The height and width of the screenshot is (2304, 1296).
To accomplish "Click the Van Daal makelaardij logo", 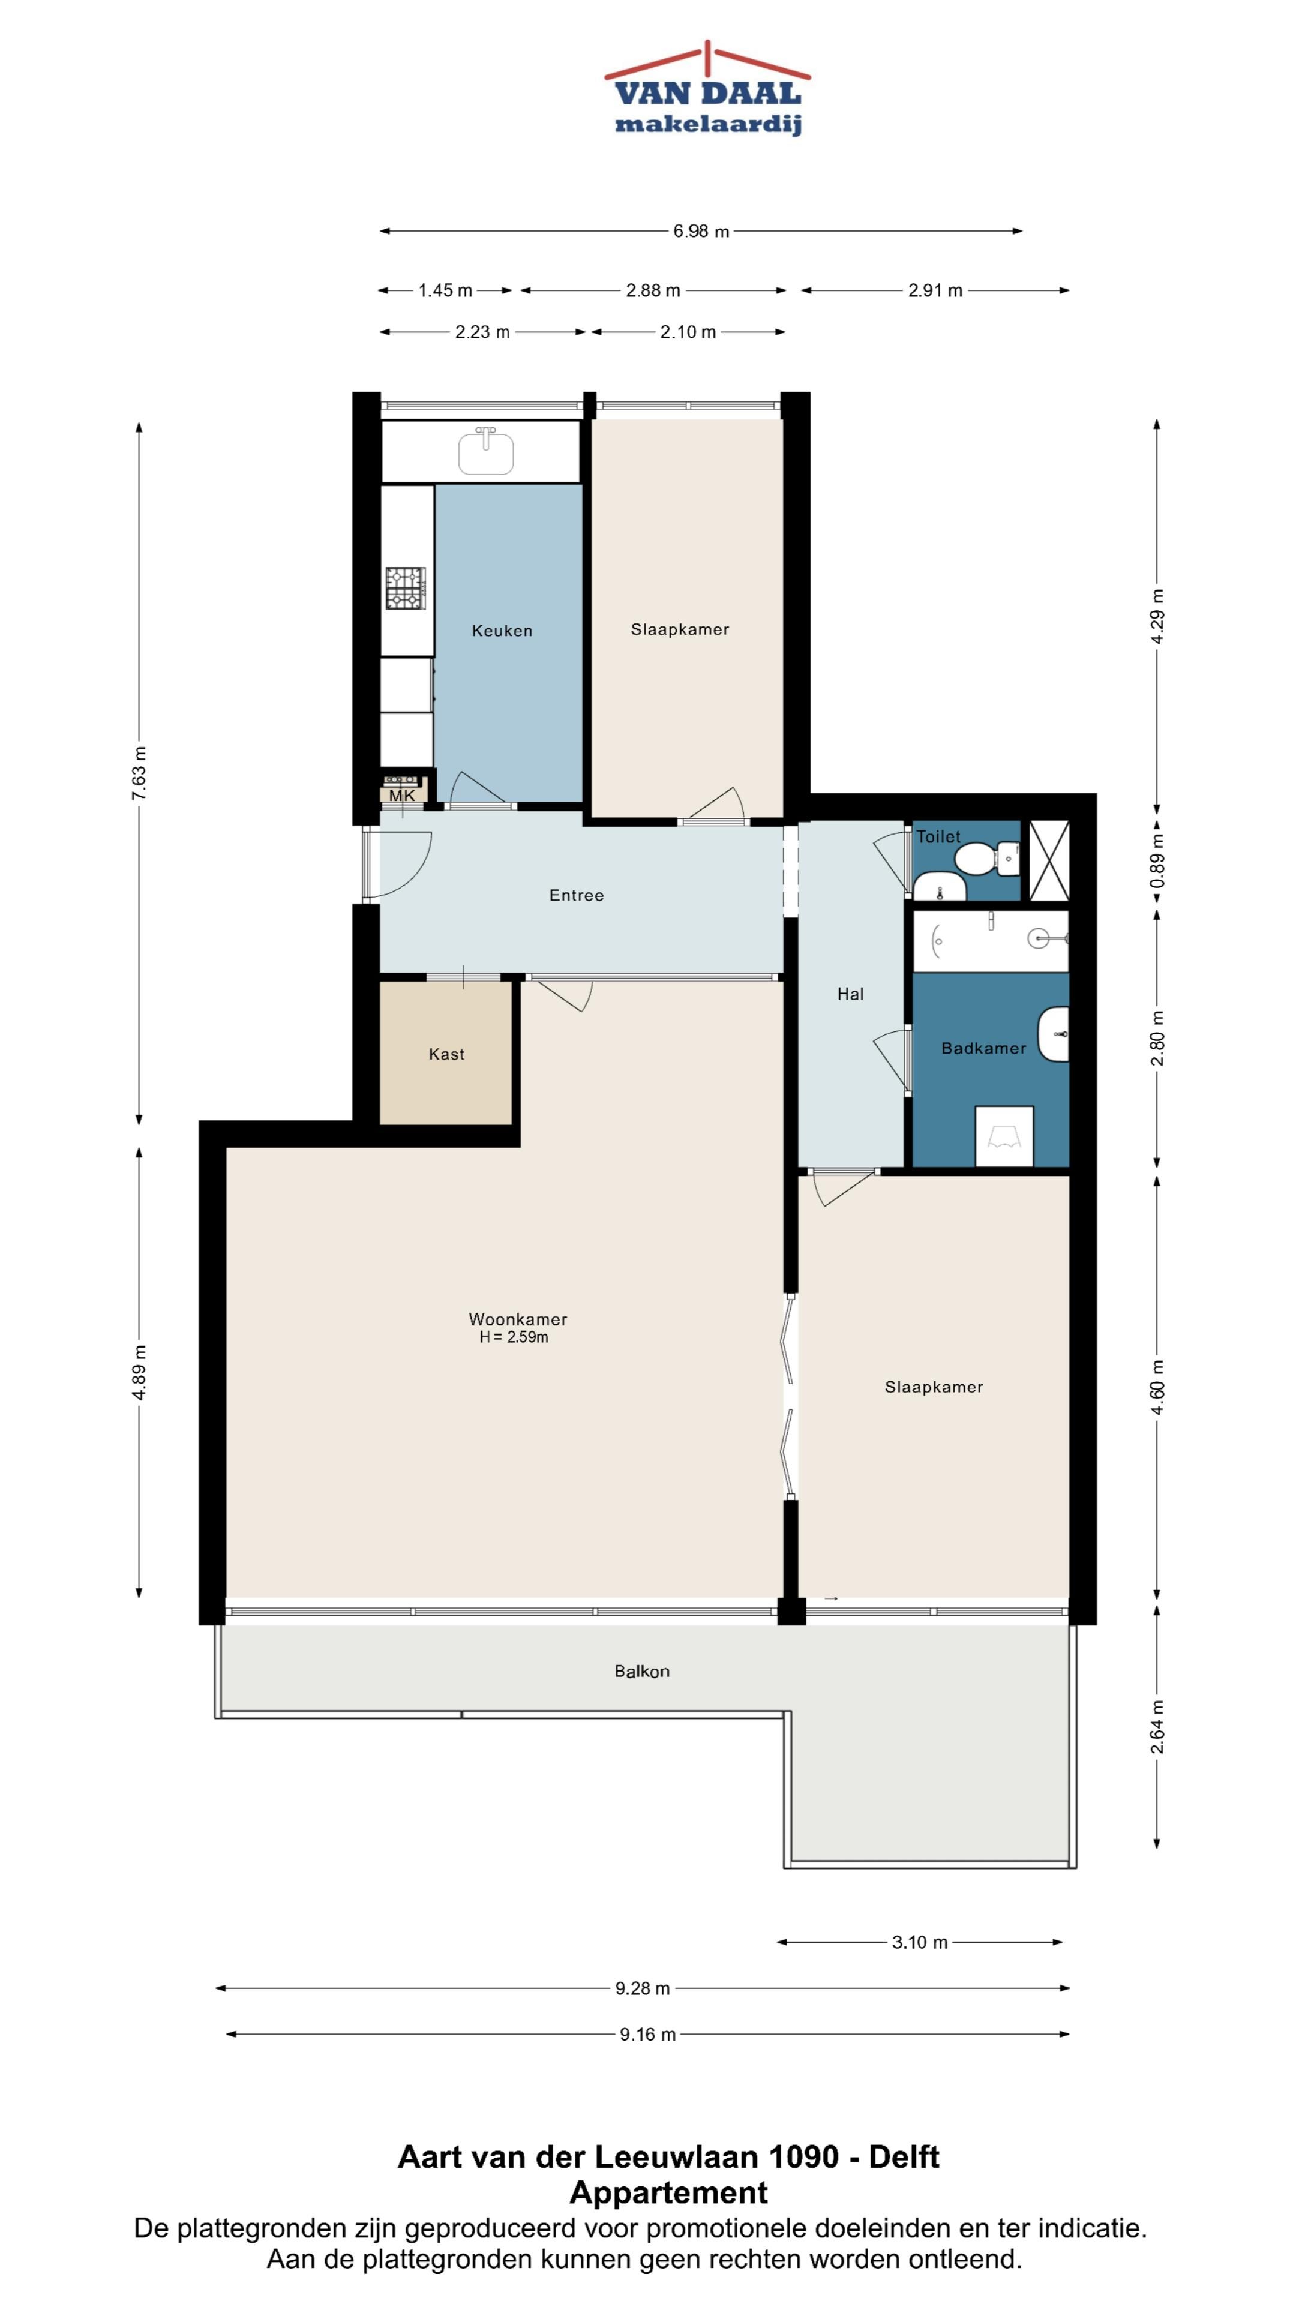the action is pyautogui.click(x=707, y=89).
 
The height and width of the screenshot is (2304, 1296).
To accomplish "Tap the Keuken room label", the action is pyautogui.click(x=502, y=631).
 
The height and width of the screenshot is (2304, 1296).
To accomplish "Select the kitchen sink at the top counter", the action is pyautogui.click(x=485, y=451).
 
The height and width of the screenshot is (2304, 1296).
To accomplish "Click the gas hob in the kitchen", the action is pyautogui.click(x=405, y=589).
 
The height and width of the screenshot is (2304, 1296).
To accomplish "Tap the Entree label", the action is pyautogui.click(x=576, y=895).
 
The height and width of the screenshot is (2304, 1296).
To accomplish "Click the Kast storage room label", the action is pyautogui.click(x=446, y=1055).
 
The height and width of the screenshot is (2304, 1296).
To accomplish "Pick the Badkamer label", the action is pyautogui.click(x=983, y=1048).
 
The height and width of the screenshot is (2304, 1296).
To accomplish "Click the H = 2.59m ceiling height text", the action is pyautogui.click(x=514, y=1337).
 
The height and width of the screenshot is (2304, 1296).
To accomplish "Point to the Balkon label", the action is pyautogui.click(x=641, y=1671).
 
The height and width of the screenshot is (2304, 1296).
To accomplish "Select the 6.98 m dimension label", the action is pyautogui.click(x=701, y=231).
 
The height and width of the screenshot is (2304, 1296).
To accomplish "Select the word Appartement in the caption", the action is pyautogui.click(x=668, y=2192).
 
